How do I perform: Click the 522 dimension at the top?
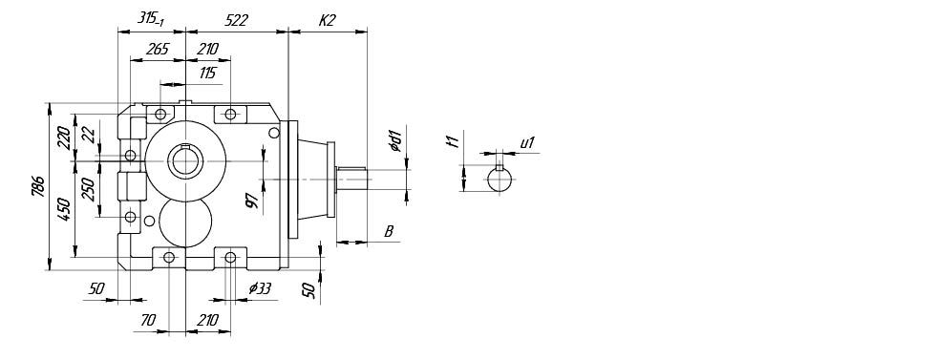click(x=237, y=20)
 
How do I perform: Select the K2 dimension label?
click(x=327, y=20)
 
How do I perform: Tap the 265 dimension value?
click(x=157, y=49)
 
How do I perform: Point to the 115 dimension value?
click(x=207, y=73)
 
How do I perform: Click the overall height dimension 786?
click(x=38, y=187)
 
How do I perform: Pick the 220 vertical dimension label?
click(x=65, y=138)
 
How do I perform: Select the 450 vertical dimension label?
click(x=65, y=210)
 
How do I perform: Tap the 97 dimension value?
click(x=253, y=201)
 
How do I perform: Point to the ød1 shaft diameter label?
click(x=394, y=140)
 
